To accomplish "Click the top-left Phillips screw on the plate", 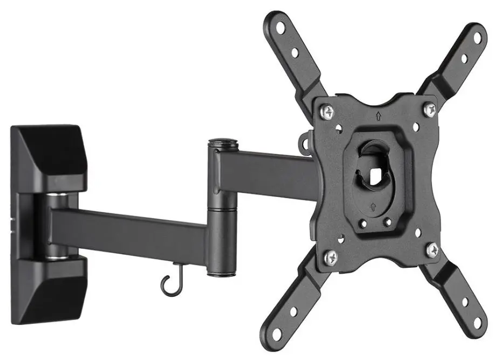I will point(327,112).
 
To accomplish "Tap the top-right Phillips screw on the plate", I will point(429,110).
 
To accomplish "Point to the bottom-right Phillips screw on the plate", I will point(433,249).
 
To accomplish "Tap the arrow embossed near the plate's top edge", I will point(379,115).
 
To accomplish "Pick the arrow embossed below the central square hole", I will point(373,206).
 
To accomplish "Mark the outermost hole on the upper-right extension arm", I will point(477,37).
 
